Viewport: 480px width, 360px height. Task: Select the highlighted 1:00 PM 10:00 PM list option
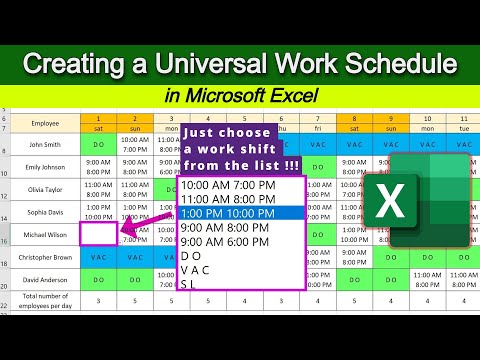tap(242, 211)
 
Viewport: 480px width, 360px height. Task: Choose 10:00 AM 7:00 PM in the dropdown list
tap(242, 185)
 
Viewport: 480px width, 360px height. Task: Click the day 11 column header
tap(428, 118)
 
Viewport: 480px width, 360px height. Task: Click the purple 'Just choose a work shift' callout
tap(229, 148)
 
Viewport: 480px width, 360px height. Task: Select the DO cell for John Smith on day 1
tap(98, 143)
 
